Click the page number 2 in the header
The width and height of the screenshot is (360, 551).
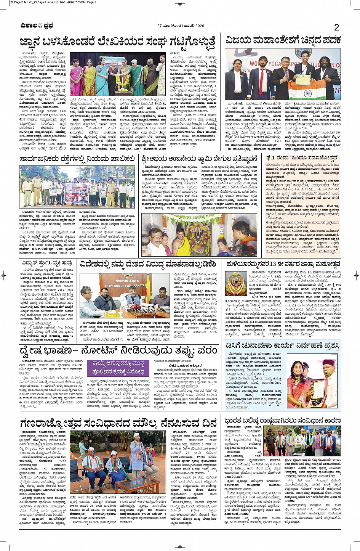[x=336, y=27]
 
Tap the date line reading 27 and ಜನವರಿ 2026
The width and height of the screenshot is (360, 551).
[x=181, y=26]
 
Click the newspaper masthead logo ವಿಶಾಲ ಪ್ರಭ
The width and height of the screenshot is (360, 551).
[x=37, y=26]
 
